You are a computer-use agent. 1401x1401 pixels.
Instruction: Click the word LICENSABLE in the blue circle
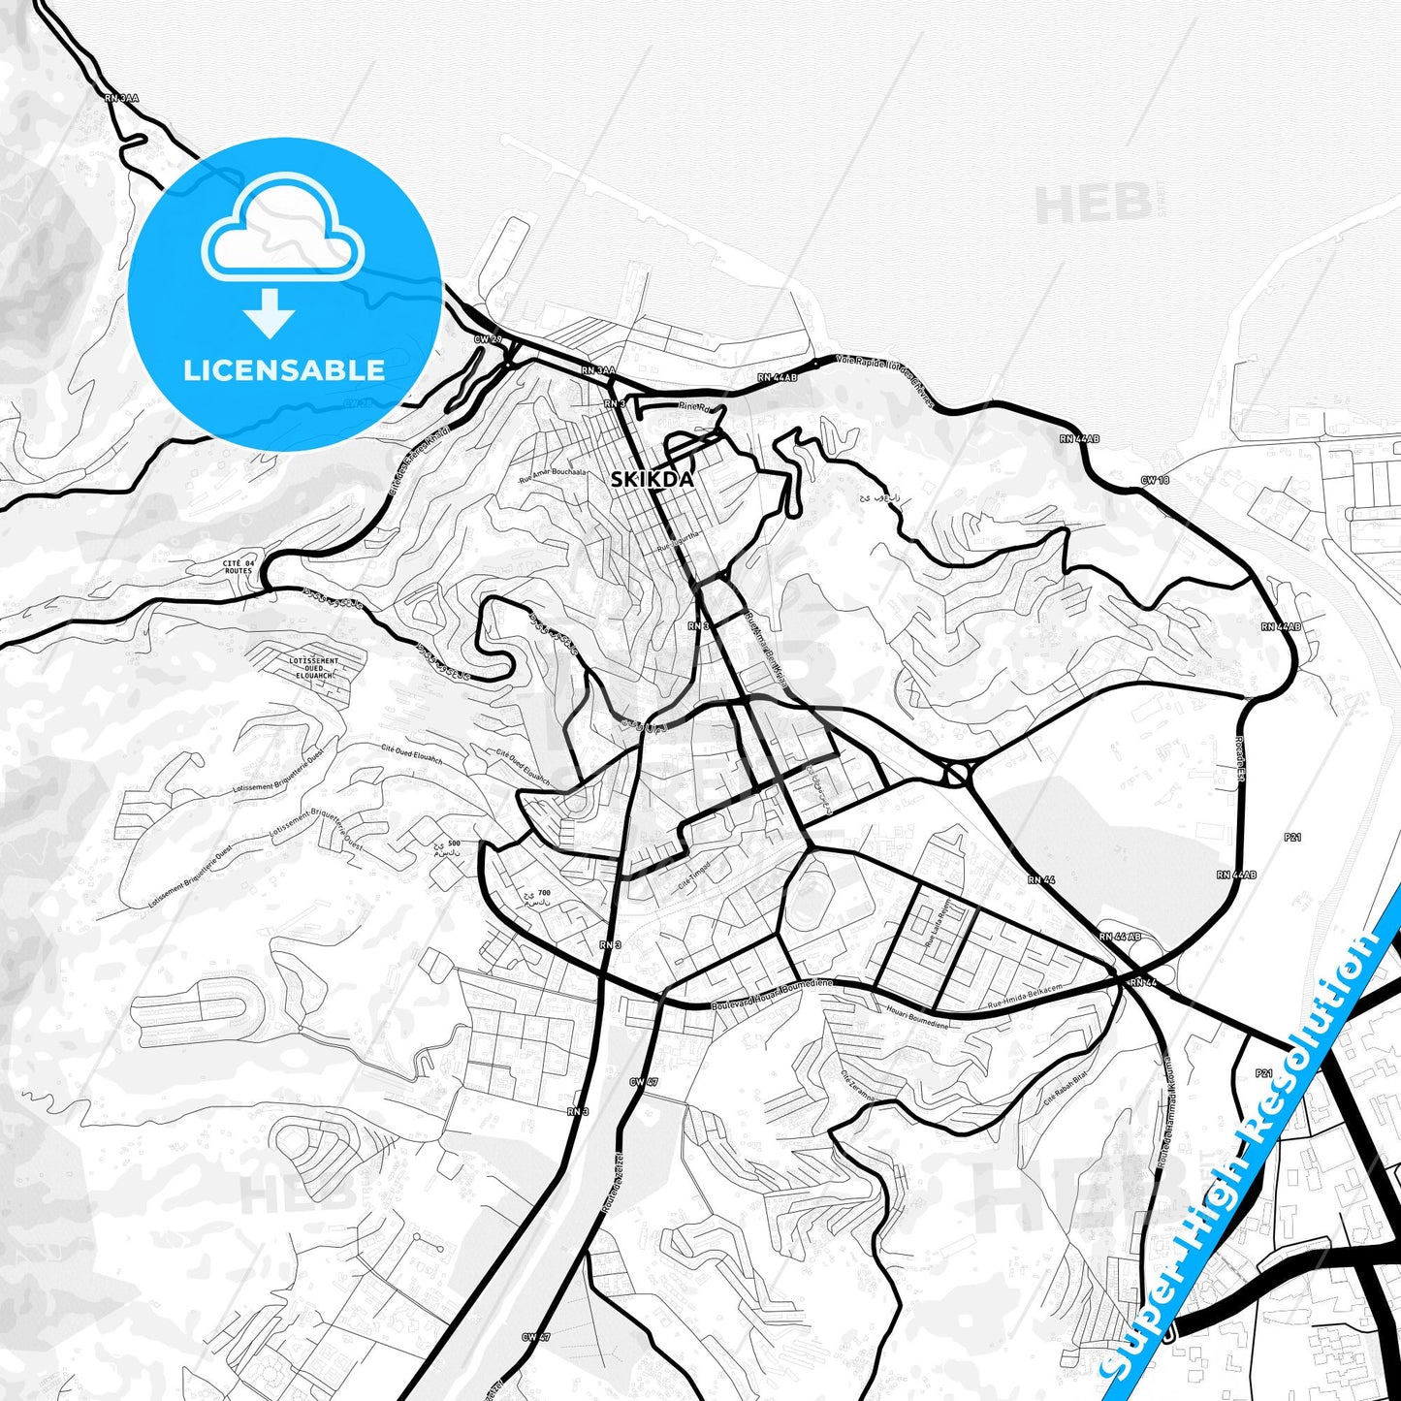point(284,370)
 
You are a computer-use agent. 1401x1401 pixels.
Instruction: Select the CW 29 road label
point(487,339)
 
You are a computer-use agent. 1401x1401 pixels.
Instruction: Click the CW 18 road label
point(1155,481)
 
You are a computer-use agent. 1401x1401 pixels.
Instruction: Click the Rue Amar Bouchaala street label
point(554,472)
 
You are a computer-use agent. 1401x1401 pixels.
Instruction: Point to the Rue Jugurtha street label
point(677,547)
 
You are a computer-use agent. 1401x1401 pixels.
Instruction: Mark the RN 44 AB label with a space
point(1120,938)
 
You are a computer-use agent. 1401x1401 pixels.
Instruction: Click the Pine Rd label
point(694,407)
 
